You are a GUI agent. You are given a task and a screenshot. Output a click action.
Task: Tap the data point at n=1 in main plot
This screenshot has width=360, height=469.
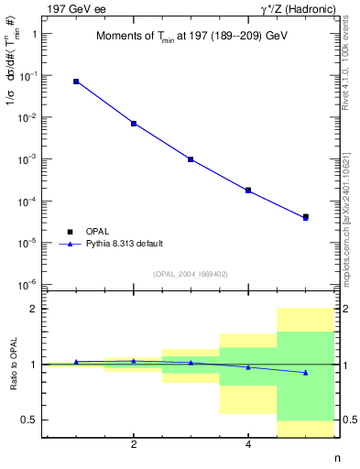click(76, 82)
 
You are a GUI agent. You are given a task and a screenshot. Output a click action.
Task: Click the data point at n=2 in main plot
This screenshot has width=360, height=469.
click(134, 123)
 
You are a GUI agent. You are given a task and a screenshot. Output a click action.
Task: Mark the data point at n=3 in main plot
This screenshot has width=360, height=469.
click(191, 159)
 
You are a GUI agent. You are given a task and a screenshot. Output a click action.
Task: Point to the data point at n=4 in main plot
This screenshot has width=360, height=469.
click(248, 191)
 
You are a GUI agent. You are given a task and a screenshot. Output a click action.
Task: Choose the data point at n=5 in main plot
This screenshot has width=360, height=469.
click(305, 217)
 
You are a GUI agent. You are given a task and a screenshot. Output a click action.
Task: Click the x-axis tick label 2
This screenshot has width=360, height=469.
click(134, 445)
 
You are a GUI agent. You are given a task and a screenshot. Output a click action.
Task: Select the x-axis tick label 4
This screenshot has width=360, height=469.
click(248, 445)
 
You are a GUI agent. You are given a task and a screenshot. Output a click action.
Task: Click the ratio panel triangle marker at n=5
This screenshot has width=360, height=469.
click(305, 373)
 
